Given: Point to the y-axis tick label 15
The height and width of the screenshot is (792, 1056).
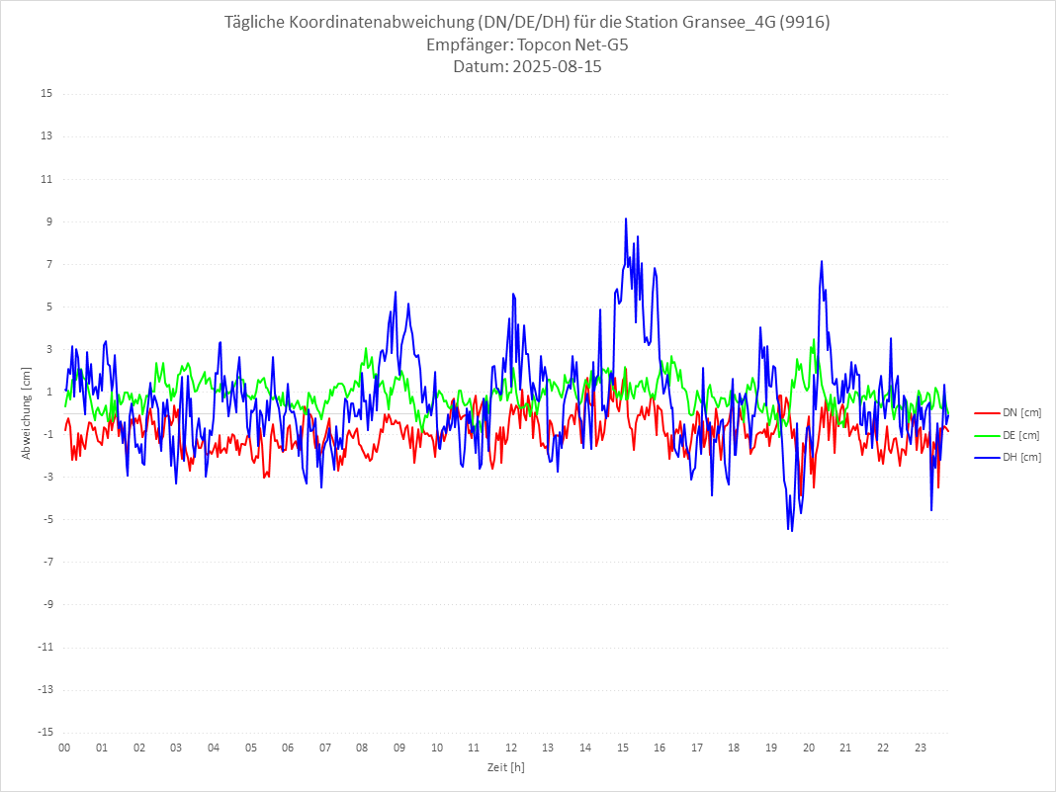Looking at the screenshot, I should [x=46, y=94].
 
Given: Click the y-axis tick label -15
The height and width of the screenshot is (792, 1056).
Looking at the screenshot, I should [x=44, y=732].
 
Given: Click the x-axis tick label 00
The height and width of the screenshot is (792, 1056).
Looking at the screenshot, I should [x=64, y=748].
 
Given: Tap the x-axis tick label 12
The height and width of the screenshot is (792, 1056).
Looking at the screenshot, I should [x=511, y=748].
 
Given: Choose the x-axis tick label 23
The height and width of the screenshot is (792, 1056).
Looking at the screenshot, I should [x=921, y=748].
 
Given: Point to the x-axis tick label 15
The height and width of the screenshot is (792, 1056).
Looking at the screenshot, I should [x=623, y=748].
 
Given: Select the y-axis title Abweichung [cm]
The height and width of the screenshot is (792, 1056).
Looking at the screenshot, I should [x=27, y=413].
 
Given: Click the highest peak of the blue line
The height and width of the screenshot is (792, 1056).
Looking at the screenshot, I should [x=626, y=219].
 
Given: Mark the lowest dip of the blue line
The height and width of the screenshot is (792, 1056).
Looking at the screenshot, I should [x=791, y=531].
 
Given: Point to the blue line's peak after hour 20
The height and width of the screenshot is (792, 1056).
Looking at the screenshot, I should [x=822, y=261].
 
